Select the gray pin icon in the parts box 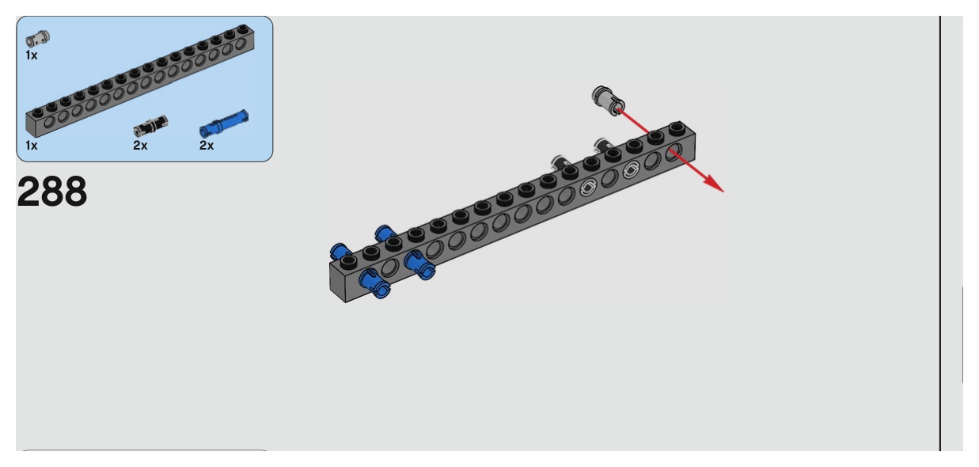(38, 37)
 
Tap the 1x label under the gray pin (31, 55)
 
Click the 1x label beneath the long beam (32, 146)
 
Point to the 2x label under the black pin (140, 146)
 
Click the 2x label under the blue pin (207, 146)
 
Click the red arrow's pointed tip (722, 191)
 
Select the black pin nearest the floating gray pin (603, 144)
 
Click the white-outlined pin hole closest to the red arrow (631, 170)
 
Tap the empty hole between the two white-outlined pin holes (609, 179)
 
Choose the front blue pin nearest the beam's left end (370, 279)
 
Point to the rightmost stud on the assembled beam (675, 127)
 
